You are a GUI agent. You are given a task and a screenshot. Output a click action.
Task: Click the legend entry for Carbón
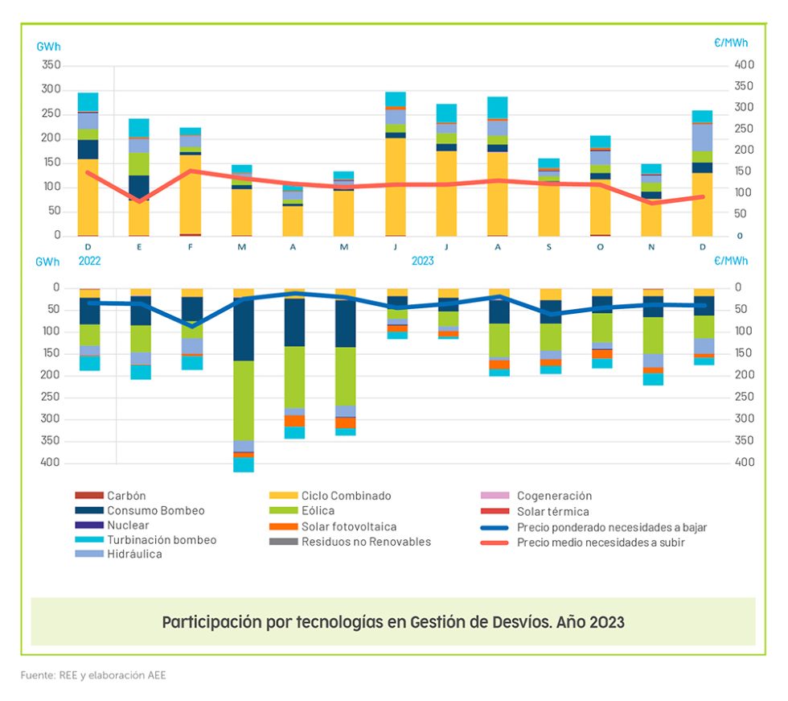tap(126, 496)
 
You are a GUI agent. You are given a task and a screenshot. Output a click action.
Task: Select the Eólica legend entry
tap(318, 511)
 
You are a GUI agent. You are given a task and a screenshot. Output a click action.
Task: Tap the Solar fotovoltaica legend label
tap(349, 526)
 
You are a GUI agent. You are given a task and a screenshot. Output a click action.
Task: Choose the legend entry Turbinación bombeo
tap(162, 540)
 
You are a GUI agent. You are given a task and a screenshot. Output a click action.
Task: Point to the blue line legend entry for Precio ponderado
tap(611, 527)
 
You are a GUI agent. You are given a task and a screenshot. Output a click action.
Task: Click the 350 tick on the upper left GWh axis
tap(51, 64)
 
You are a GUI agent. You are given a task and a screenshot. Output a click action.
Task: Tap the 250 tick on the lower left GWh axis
tap(51, 396)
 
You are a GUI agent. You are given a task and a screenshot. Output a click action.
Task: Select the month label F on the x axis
tap(191, 247)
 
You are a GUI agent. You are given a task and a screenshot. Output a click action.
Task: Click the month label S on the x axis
tap(549, 247)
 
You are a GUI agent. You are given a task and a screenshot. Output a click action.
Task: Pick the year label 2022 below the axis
tap(89, 261)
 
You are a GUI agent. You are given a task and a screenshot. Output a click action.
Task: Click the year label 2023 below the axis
tap(423, 261)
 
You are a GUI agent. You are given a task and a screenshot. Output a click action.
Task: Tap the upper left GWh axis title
tap(48, 46)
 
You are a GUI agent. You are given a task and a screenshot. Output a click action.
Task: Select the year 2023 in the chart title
tap(605, 622)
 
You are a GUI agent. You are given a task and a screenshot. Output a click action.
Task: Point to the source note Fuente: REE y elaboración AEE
tap(93, 675)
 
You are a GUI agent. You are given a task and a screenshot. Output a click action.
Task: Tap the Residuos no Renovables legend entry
tap(366, 542)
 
